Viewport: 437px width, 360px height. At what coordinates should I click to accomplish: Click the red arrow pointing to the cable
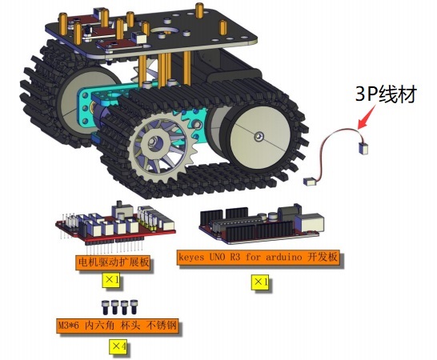point(367,118)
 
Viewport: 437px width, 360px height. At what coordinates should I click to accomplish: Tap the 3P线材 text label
point(386,94)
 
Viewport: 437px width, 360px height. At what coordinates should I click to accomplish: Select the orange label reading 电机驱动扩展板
point(114,262)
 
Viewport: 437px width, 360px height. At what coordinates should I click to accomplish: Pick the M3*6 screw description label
point(118,325)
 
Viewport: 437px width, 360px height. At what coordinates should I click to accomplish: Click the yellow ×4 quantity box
point(118,346)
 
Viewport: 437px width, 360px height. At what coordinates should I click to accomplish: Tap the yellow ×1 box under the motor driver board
point(111,280)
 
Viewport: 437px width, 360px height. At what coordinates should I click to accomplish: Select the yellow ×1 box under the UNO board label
point(260,282)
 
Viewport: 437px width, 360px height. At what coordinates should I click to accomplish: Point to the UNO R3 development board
point(262,224)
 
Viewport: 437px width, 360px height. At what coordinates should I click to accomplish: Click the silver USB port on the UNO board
point(311,222)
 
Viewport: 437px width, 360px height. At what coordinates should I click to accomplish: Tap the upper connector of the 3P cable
point(364,147)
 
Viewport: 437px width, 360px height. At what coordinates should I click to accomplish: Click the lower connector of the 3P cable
point(310,182)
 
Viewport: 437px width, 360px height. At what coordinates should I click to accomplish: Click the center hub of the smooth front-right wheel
point(259,136)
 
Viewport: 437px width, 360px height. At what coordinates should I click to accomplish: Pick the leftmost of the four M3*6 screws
point(106,307)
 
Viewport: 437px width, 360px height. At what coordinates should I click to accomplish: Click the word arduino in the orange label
point(283,257)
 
